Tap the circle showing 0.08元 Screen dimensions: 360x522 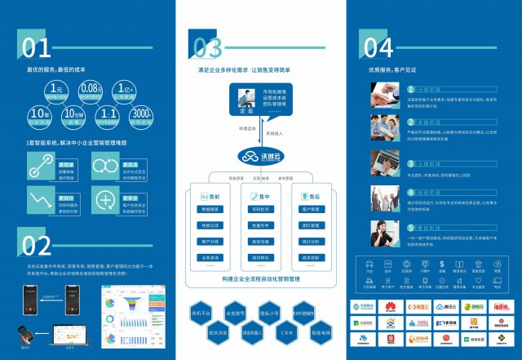pos(91,90)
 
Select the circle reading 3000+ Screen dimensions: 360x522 pos(139,114)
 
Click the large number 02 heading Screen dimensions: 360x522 pos(37,244)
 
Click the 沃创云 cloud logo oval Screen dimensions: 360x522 pos(259,156)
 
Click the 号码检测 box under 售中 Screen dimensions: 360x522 pos(260,210)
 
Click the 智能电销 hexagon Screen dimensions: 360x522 pos(322,334)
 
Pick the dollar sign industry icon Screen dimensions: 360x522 pos(441,264)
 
